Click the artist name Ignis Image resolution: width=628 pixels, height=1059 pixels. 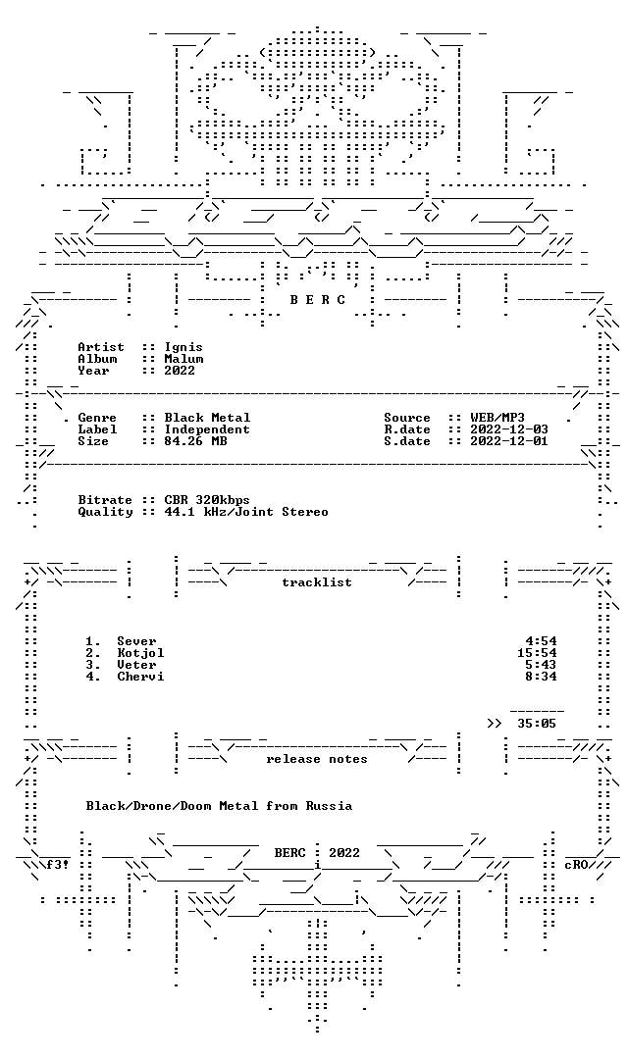click(183, 348)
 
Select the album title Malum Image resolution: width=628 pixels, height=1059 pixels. click(183, 359)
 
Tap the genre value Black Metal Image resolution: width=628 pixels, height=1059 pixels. click(207, 418)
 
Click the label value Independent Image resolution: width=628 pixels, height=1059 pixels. click(207, 429)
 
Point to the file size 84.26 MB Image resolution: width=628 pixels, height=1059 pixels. click(195, 441)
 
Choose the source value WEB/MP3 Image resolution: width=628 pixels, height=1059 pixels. click(497, 418)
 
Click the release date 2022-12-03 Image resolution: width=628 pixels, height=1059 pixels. click(509, 429)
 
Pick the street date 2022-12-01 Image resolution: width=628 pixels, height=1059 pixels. click(509, 441)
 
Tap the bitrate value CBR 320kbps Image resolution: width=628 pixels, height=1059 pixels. click(207, 500)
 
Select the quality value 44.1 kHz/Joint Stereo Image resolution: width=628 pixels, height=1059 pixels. click(246, 512)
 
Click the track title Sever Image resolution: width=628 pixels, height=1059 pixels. click(136, 641)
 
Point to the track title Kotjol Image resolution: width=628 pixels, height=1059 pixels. click(140, 653)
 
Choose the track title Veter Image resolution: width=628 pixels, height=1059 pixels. click(136, 665)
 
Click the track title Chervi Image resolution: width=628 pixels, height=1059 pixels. click(140, 677)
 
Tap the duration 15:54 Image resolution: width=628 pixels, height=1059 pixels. click(537, 653)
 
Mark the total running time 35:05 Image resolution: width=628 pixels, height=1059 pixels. click(537, 724)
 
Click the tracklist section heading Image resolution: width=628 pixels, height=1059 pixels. click(317, 582)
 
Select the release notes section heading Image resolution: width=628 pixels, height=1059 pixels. click(317, 759)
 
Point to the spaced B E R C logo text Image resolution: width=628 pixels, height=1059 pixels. click(317, 300)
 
